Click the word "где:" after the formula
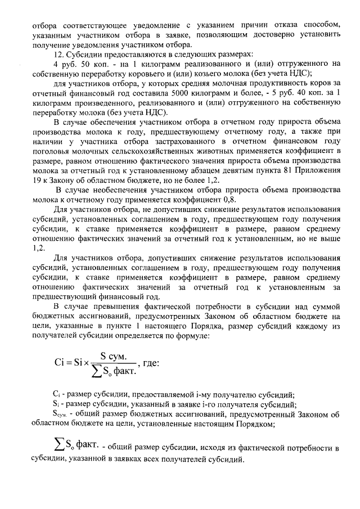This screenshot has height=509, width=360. point(148,363)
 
